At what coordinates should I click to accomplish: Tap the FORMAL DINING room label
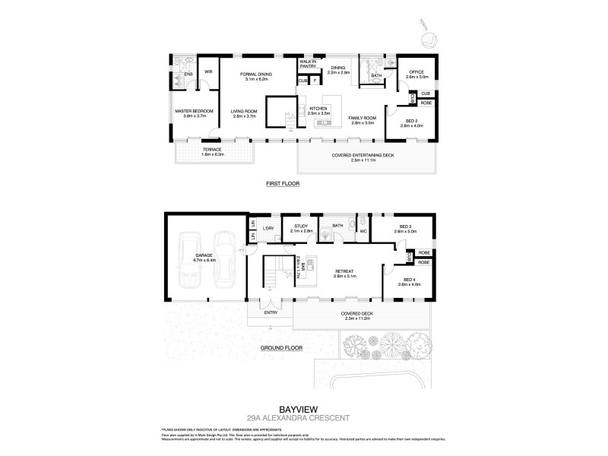(x=255, y=74)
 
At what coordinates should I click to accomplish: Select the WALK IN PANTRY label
(x=307, y=64)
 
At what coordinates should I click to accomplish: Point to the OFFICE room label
(x=417, y=74)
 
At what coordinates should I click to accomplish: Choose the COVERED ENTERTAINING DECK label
(x=366, y=156)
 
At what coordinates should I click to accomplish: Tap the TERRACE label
(x=212, y=150)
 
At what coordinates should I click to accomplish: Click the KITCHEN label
(x=318, y=109)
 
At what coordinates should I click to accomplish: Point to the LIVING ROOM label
(x=244, y=112)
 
